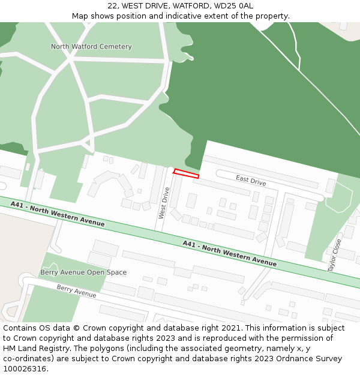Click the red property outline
tap(186, 174)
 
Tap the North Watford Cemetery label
tap(91, 46)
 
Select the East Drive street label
tap(251, 180)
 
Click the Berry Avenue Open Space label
tap(83, 272)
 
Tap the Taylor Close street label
tap(335, 255)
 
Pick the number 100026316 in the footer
tap(24, 368)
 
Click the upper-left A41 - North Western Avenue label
tap(57, 214)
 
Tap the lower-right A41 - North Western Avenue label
tap(230, 253)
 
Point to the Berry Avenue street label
tap(76, 291)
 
